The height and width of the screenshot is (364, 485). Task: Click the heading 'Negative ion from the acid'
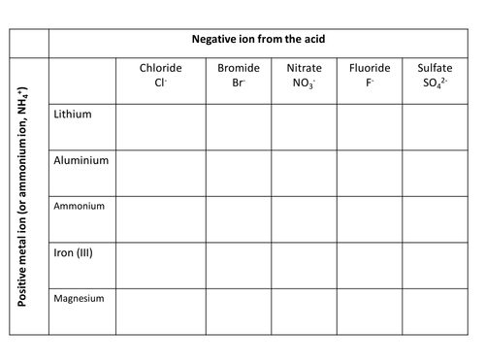tap(259, 40)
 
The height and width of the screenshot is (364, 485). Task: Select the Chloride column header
tap(160, 76)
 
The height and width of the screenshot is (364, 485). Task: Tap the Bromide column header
tap(237, 76)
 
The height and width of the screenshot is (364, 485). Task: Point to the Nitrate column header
tap(303, 76)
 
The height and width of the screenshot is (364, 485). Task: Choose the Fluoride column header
tap(370, 76)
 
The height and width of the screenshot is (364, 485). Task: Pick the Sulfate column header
tap(435, 76)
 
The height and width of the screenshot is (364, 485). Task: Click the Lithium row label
tap(74, 114)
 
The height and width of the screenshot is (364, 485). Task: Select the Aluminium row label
tap(81, 159)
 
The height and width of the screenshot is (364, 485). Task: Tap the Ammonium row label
tap(79, 206)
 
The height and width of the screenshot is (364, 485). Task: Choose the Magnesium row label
tap(80, 298)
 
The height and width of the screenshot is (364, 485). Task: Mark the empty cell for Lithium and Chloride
tap(160, 126)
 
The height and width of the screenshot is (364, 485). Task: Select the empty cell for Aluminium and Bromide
tap(237, 173)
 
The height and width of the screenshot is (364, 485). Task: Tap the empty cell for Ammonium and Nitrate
tap(303, 218)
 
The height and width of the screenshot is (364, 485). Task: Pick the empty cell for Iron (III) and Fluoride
tap(370, 264)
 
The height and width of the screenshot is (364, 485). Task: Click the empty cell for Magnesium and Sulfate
tap(435, 311)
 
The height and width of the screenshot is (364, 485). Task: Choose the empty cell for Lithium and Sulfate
tap(435, 126)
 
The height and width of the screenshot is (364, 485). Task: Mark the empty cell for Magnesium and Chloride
tap(160, 311)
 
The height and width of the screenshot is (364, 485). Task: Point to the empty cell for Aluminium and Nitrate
tap(303, 173)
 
